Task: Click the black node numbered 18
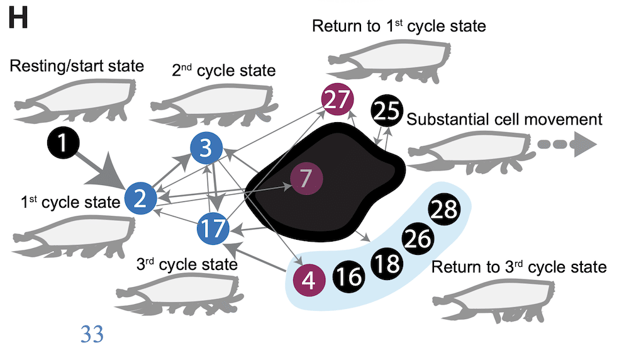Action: (x=389, y=263)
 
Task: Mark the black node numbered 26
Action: (x=418, y=239)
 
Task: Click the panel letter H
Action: (x=18, y=19)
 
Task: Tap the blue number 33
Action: (x=92, y=334)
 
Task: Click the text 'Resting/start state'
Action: (x=77, y=65)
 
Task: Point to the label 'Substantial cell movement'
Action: (x=504, y=119)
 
